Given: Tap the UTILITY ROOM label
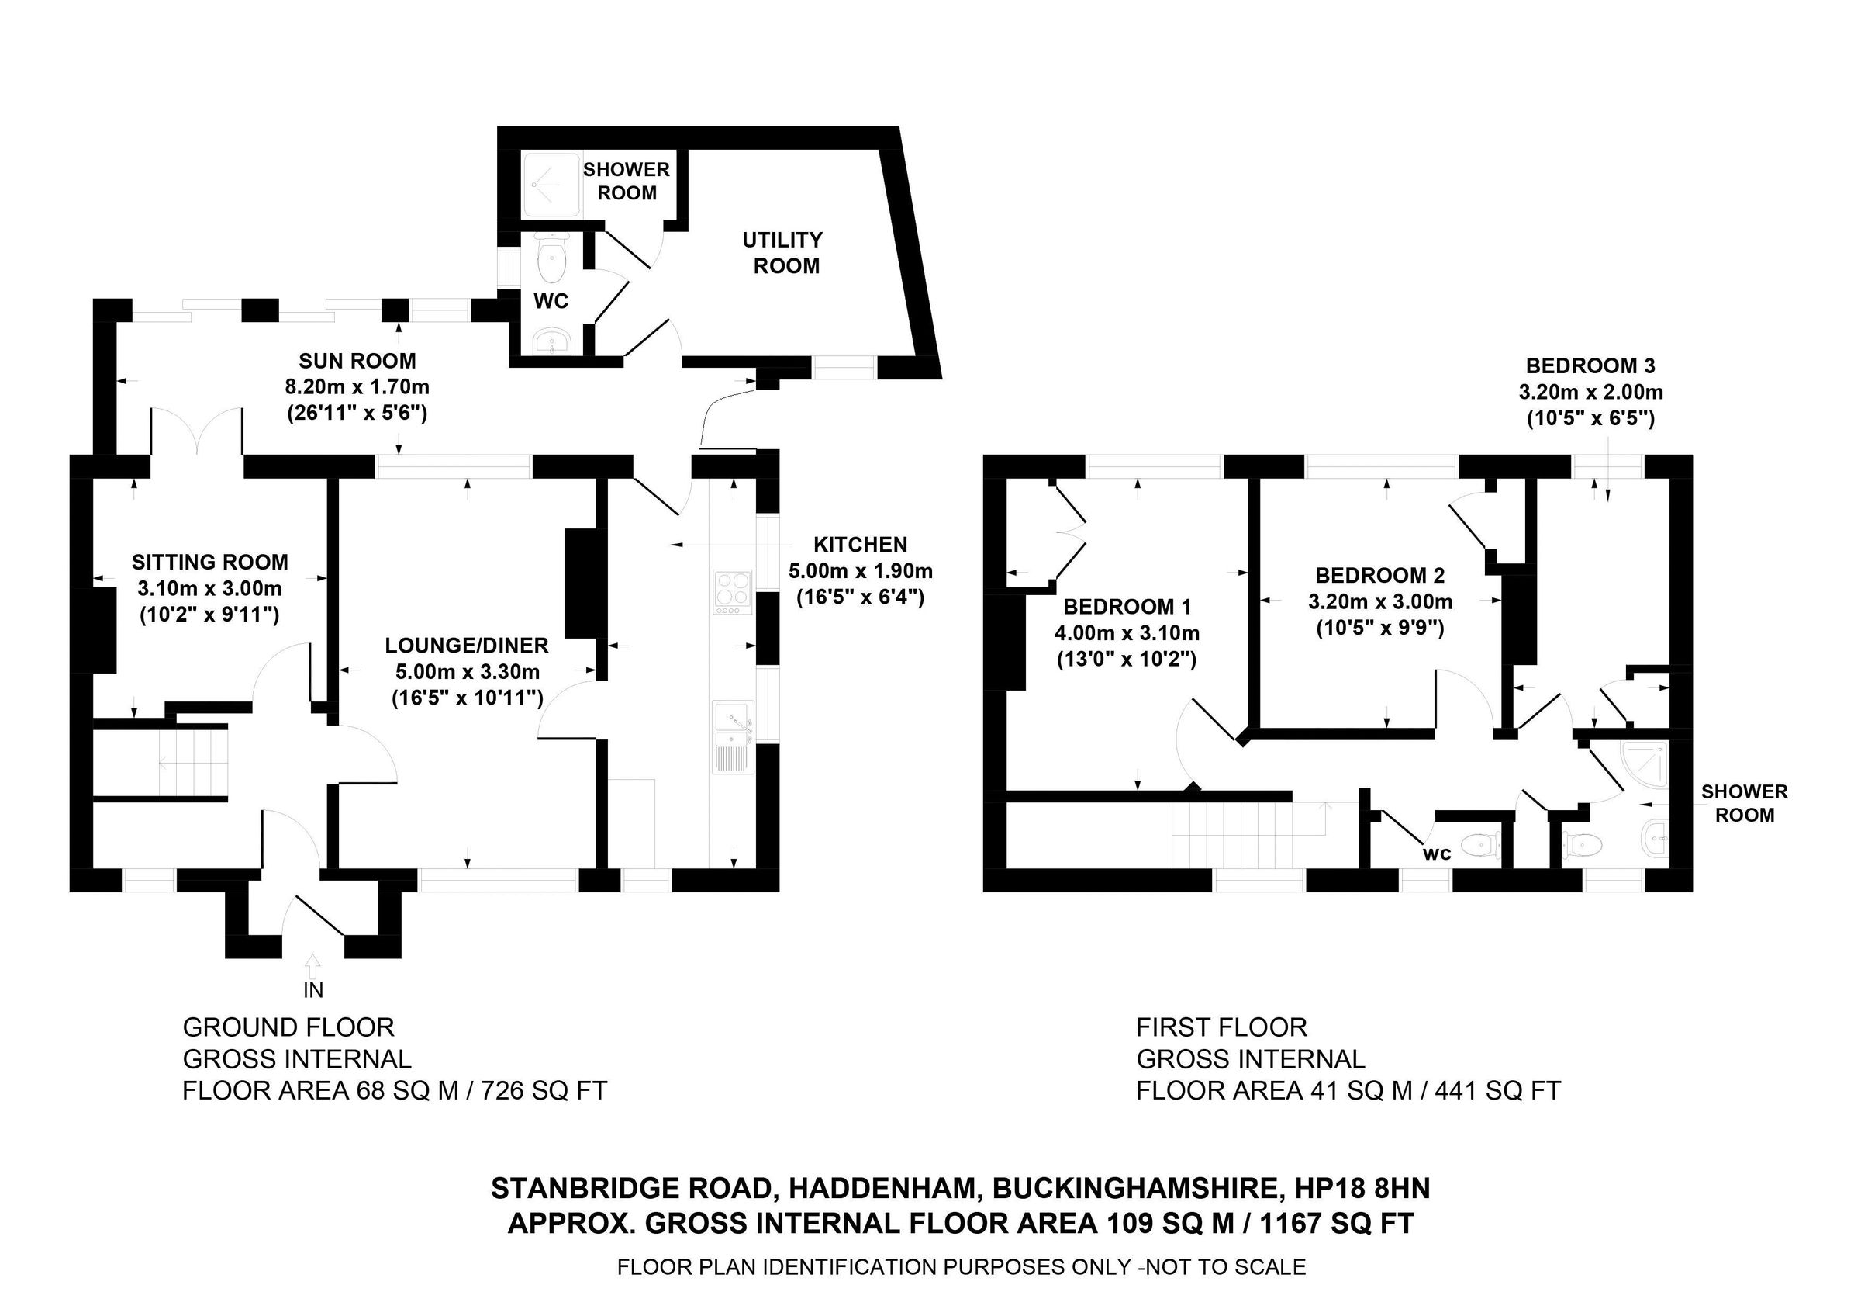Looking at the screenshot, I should (783, 252).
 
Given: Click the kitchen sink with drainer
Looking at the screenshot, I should (734, 736).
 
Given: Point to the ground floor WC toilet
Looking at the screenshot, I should (553, 259).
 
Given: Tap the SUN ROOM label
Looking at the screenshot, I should (357, 361).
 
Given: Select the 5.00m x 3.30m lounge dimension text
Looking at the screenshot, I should (467, 671).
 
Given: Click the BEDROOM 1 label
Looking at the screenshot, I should (1127, 607).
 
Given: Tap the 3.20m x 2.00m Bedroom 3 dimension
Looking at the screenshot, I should (1590, 393).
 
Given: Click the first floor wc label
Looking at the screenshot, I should (1437, 854).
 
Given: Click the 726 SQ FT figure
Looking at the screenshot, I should (544, 1090).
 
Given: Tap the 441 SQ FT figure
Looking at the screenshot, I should (1497, 1090).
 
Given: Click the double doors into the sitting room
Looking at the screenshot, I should (196, 430).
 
